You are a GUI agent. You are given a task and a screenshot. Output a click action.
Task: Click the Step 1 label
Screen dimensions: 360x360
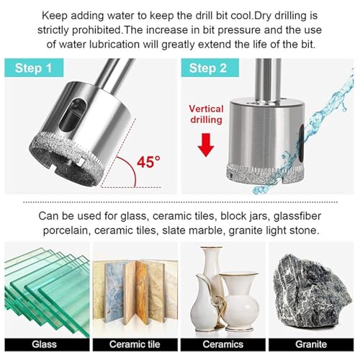pos(34,68)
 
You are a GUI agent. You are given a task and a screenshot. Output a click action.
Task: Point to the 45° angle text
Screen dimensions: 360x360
pos(148,162)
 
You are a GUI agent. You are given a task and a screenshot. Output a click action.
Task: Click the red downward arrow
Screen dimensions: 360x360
pos(206,145)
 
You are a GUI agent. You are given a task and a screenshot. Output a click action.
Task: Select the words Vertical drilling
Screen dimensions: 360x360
pos(206,114)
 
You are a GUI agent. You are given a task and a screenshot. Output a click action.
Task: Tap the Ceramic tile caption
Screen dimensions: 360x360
pos(135,344)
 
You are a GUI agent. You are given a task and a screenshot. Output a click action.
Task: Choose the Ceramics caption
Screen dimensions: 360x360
pos(223,344)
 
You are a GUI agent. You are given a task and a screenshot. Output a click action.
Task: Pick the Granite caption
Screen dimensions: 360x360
pos(311,344)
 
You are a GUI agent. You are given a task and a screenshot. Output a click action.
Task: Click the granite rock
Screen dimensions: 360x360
pos(312,292)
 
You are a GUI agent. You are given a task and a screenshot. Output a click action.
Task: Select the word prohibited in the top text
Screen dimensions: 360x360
pos(96,30)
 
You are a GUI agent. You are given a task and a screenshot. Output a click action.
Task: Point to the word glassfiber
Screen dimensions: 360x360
pos(297,216)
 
